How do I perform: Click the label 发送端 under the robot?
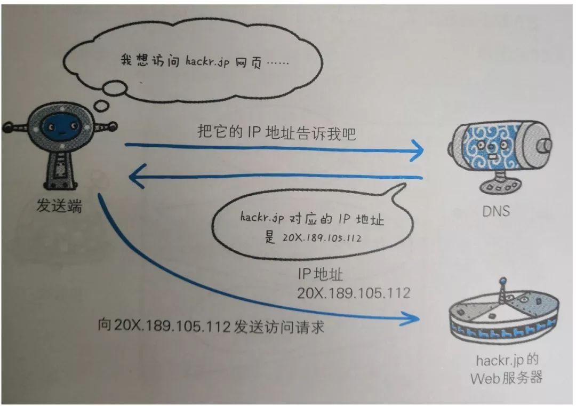(x=59, y=206)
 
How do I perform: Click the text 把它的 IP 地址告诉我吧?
(x=276, y=132)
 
